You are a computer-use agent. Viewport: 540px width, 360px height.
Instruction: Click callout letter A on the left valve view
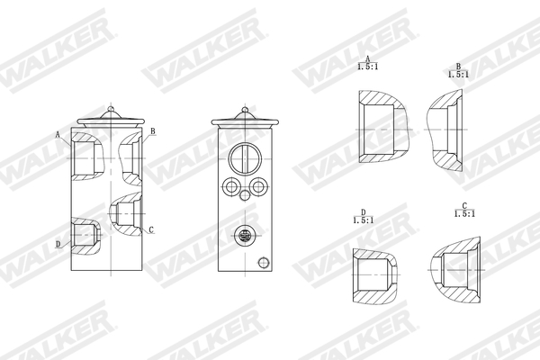pos(58,134)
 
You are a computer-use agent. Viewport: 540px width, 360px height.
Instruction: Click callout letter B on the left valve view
pos(153,131)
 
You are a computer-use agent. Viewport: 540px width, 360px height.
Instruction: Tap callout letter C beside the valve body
pos(150,230)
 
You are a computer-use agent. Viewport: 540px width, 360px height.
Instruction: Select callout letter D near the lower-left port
pos(58,244)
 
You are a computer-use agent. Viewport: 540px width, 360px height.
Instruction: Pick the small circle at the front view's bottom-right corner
pos(263,263)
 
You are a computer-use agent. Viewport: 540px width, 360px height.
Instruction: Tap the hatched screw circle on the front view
pos(242,235)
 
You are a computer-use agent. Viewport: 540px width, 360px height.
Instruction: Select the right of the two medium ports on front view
pos(258,187)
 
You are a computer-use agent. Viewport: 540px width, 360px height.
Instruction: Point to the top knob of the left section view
pos(110,111)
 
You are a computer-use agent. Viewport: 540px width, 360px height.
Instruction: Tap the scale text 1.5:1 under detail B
pos(457,74)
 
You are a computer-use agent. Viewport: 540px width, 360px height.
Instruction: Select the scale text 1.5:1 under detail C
pos(464,213)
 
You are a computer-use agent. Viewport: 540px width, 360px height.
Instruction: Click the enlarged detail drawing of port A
pos(382,126)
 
